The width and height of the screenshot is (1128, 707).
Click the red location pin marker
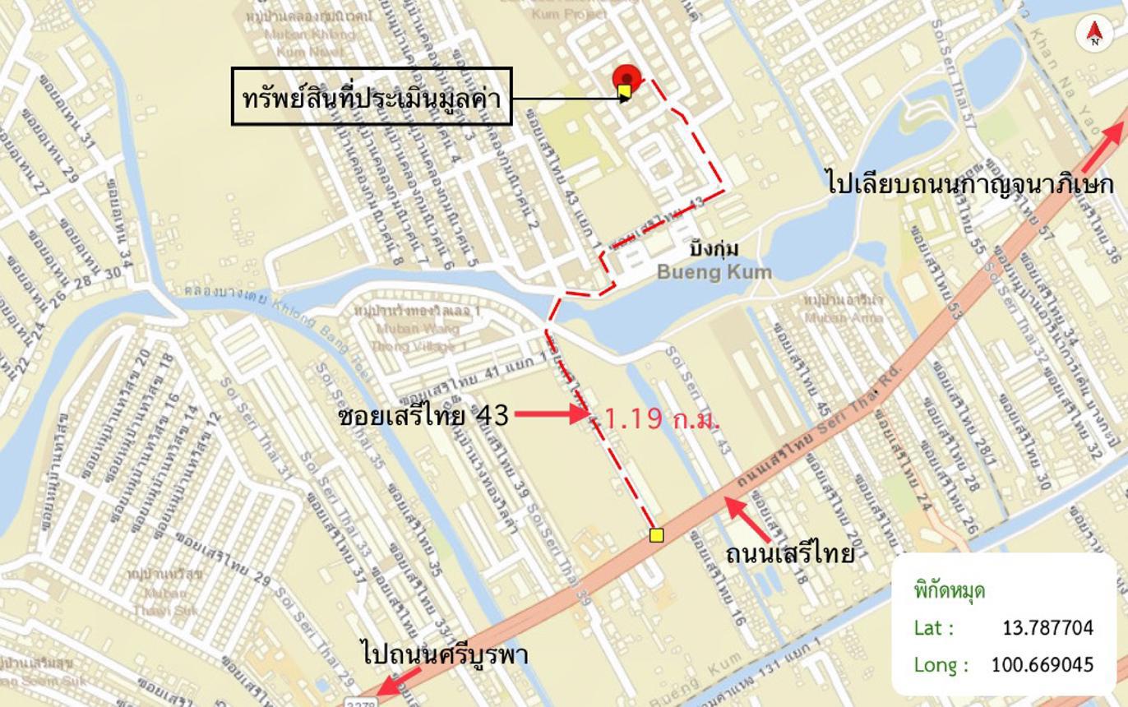(626, 81)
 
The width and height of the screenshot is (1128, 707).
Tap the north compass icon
(1094, 33)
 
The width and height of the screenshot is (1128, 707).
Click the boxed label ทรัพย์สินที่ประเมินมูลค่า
(372, 97)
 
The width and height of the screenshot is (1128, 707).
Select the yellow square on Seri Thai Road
(656, 536)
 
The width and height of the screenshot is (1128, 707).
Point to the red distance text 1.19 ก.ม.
(662, 418)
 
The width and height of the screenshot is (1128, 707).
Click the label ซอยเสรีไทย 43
(423, 416)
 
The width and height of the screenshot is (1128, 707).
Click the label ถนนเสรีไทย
(789, 554)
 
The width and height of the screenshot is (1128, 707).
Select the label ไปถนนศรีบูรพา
(445, 654)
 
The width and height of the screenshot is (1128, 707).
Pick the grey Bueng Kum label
(714, 272)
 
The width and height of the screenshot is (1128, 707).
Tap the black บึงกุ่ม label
(714, 248)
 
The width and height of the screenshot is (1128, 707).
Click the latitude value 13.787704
(1047, 628)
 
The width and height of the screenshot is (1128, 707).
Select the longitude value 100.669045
(1042, 664)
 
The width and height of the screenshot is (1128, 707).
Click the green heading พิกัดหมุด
(949, 590)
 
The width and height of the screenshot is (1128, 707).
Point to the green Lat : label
(933, 628)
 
